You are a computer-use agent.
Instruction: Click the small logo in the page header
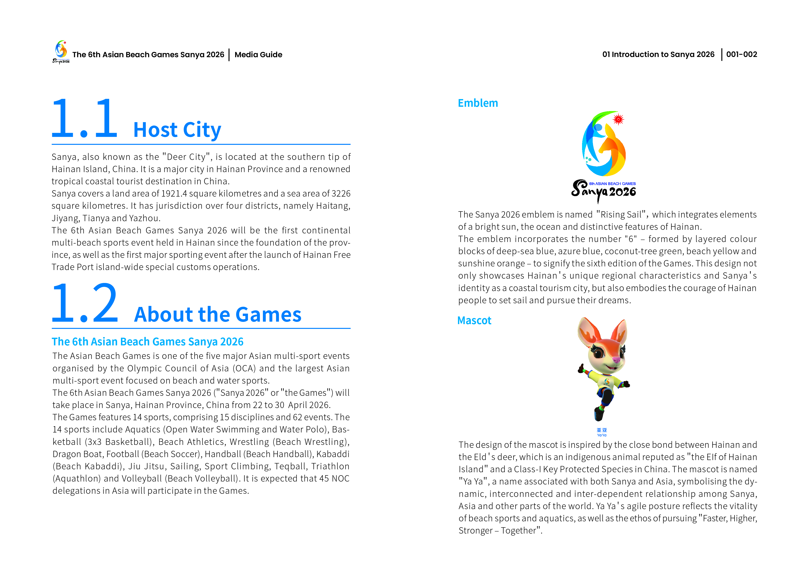pos(61,52)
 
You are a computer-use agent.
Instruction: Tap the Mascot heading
pos(474,321)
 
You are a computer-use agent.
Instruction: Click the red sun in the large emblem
pos(618,119)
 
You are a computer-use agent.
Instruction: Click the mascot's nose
pos(617,360)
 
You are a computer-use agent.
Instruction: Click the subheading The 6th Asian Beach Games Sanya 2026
pos(147,342)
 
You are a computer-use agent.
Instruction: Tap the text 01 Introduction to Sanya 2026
pos(658,54)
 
